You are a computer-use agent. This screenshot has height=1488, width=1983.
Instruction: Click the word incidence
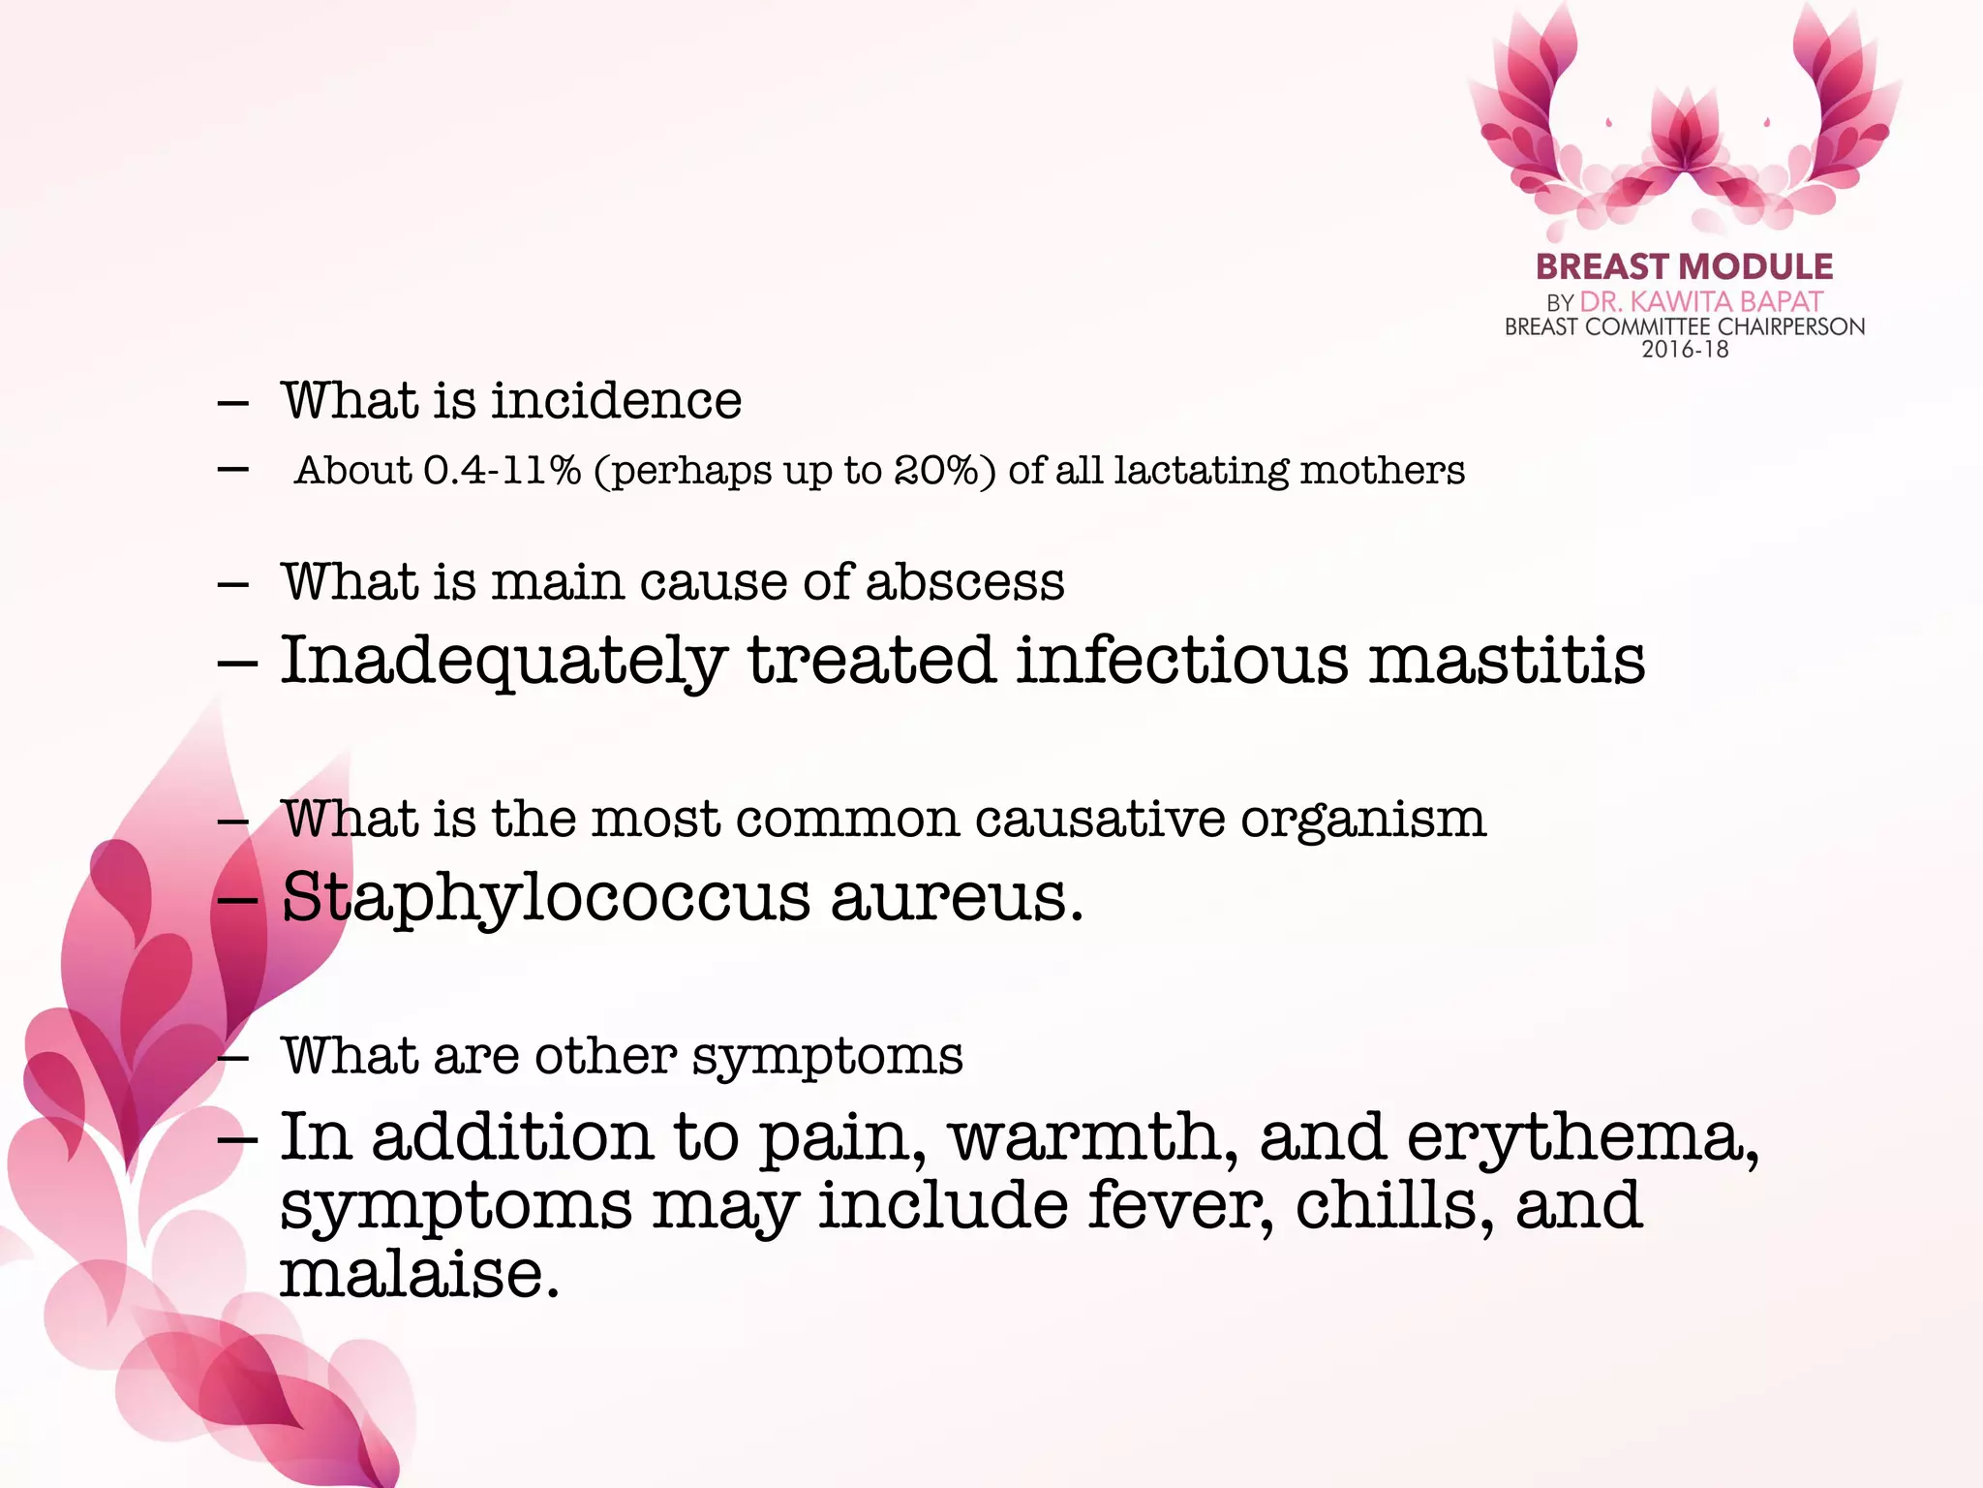click(617, 400)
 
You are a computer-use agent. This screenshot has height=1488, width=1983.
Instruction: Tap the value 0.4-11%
click(502, 471)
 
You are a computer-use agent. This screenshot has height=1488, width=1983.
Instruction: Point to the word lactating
click(1201, 471)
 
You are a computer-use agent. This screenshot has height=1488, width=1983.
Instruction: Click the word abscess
click(964, 582)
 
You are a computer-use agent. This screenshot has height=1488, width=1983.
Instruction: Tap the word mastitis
click(1507, 661)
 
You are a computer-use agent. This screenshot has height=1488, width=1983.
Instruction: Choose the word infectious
click(1181, 661)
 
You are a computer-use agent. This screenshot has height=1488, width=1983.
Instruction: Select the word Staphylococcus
click(545, 899)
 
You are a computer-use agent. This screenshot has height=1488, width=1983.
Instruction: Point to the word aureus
click(956, 899)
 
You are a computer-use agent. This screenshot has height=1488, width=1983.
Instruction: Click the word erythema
click(1582, 1137)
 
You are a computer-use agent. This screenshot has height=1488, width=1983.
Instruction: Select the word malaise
click(419, 1274)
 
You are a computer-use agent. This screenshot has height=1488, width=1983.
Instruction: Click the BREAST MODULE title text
click(1684, 266)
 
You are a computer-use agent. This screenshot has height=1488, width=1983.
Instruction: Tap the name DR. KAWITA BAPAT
click(1701, 302)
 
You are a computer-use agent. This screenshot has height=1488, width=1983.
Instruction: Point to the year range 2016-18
click(1685, 350)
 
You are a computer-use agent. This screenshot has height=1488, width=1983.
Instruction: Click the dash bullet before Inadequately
click(237, 664)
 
